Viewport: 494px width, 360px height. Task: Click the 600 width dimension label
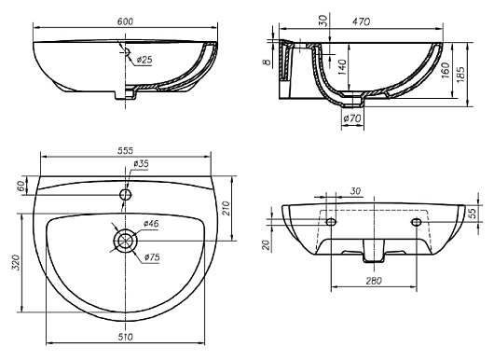pyautogui.click(x=125, y=21)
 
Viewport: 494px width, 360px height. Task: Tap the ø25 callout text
pyautogui.click(x=144, y=60)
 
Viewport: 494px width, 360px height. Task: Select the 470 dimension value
pyautogui.click(x=361, y=21)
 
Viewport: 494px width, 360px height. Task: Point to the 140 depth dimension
pyautogui.click(x=342, y=67)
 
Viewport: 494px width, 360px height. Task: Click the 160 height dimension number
pyautogui.click(x=446, y=70)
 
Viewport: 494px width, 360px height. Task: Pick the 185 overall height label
pyautogui.click(x=460, y=75)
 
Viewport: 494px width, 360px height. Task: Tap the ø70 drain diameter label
pyautogui.click(x=352, y=118)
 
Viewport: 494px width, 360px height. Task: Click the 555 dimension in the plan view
pyautogui.click(x=126, y=151)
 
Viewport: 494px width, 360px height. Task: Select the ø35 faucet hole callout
pyautogui.click(x=141, y=163)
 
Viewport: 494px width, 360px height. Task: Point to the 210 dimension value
pyautogui.click(x=226, y=208)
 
